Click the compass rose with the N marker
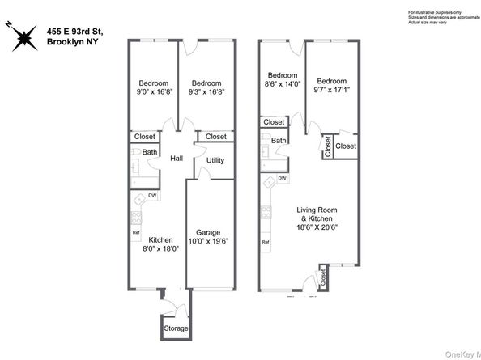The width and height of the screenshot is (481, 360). click(x=21, y=36)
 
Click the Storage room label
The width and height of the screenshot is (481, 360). click(x=176, y=328)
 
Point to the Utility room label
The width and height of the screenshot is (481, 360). click(x=215, y=160)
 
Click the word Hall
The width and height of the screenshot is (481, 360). click(x=177, y=158)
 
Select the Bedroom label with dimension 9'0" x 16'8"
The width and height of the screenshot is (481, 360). click(x=153, y=83)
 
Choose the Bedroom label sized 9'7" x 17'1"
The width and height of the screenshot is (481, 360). click(x=332, y=81)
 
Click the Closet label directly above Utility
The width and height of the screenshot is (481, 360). click(x=216, y=137)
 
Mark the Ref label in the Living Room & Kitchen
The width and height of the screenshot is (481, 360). click(x=265, y=242)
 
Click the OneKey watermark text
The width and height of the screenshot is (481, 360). click(x=462, y=353)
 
